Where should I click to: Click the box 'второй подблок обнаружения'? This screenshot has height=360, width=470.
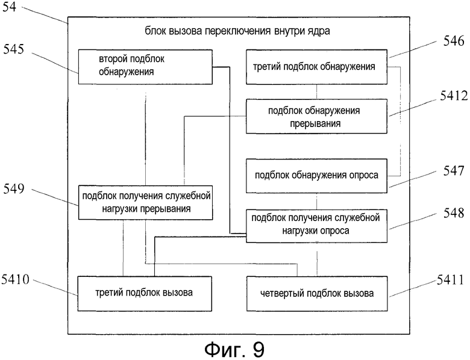pyautogui.click(x=145, y=67)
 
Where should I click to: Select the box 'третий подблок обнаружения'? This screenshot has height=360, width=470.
pyautogui.click(x=316, y=67)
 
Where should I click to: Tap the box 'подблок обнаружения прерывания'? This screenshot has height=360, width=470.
pyautogui.click(x=316, y=116)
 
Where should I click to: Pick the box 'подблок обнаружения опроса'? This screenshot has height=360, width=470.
pyautogui.click(x=316, y=176)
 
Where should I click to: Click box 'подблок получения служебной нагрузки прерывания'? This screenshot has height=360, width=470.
pyautogui.click(x=146, y=202)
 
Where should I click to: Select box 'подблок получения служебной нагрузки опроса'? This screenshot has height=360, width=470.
pyautogui.click(x=316, y=226)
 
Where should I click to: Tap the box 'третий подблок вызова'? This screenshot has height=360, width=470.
pyautogui.click(x=145, y=294)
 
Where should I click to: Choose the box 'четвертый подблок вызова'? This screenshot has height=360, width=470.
pyautogui.click(x=317, y=294)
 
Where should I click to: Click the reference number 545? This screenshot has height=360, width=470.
pyautogui.click(x=13, y=49)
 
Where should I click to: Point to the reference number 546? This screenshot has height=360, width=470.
pyautogui.click(x=454, y=41)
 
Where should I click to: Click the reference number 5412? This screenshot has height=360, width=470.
pyautogui.click(x=454, y=96)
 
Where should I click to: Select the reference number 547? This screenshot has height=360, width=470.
pyautogui.click(x=454, y=171)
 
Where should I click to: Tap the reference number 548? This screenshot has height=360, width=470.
pyautogui.click(x=454, y=213)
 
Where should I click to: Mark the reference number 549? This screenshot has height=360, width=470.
pyautogui.click(x=13, y=189)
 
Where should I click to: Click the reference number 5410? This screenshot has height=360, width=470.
pyautogui.click(x=15, y=280)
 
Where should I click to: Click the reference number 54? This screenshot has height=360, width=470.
pyautogui.click(x=9, y=6)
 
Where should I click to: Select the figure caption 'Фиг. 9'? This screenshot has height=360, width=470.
pyautogui.click(x=235, y=349)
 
